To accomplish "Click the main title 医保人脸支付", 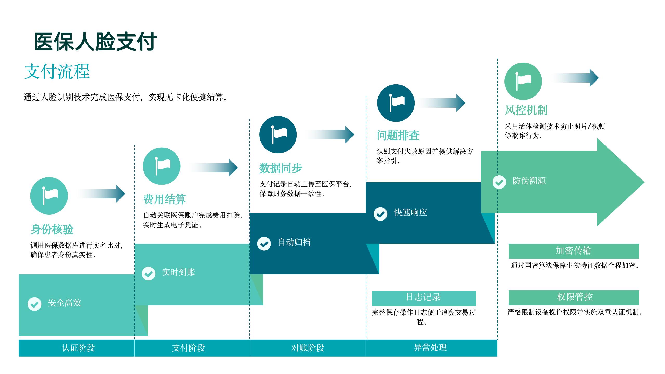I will pos(95,42).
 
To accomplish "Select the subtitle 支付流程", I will pos(57,71).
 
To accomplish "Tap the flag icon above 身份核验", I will pos(49,196).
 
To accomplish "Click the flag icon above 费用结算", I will pos(162,166).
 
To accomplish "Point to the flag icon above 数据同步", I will pos(278,135).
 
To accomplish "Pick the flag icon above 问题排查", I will pos(396,103).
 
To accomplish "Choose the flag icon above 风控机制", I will pos(523,81).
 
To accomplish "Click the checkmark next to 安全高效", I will pos(34,304).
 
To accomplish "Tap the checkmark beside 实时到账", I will pos(149,273).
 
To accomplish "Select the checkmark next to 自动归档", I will pos(264,244).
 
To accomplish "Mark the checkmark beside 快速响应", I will pos(380,214).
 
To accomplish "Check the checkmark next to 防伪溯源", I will pos(499,182).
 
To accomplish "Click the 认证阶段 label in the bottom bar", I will pos(78,348).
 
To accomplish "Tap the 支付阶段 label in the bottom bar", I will pos(189,348).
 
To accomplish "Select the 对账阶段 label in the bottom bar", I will pos(308,348).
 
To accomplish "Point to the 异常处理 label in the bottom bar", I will pos(430,348).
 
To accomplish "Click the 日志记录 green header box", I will pos(424,298).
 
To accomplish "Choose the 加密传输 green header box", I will pos(574,251).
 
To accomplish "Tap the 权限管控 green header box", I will pos(574,297).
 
